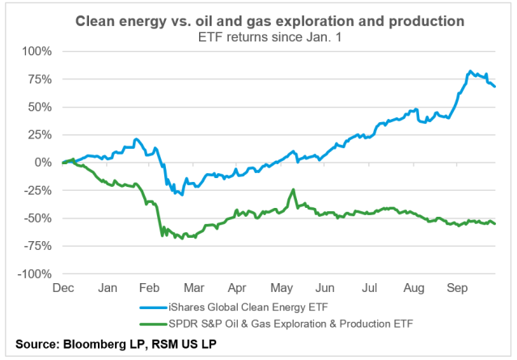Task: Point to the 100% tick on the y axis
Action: click(x=36, y=51)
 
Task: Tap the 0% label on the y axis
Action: click(x=42, y=163)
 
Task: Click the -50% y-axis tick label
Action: click(x=36, y=218)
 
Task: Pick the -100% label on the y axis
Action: click(x=34, y=274)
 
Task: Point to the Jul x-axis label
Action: click(x=369, y=287)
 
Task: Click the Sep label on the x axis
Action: click(x=457, y=287)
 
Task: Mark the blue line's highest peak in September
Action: click(x=470, y=71)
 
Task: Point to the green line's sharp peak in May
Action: click(x=294, y=190)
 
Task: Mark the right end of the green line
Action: click(x=495, y=223)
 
